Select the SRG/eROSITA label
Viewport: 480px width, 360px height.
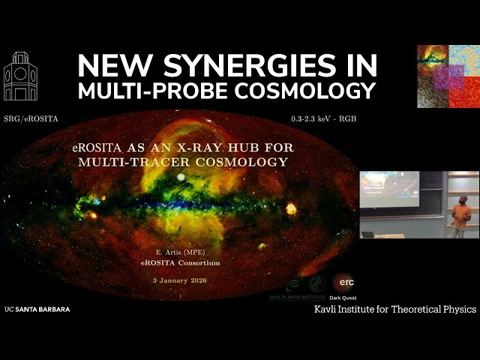(x=31, y=119)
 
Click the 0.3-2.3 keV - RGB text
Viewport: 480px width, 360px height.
(x=323, y=119)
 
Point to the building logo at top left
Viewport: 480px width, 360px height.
(x=20, y=76)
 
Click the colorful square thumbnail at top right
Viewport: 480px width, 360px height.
(x=448, y=76)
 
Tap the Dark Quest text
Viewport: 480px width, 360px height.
(x=346, y=295)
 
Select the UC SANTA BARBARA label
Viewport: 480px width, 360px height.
(x=37, y=309)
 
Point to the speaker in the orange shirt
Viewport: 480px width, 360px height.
(x=461, y=215)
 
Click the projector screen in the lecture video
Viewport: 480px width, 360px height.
(x=389, y=189)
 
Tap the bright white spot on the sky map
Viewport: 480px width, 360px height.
(x=181, y=177)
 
